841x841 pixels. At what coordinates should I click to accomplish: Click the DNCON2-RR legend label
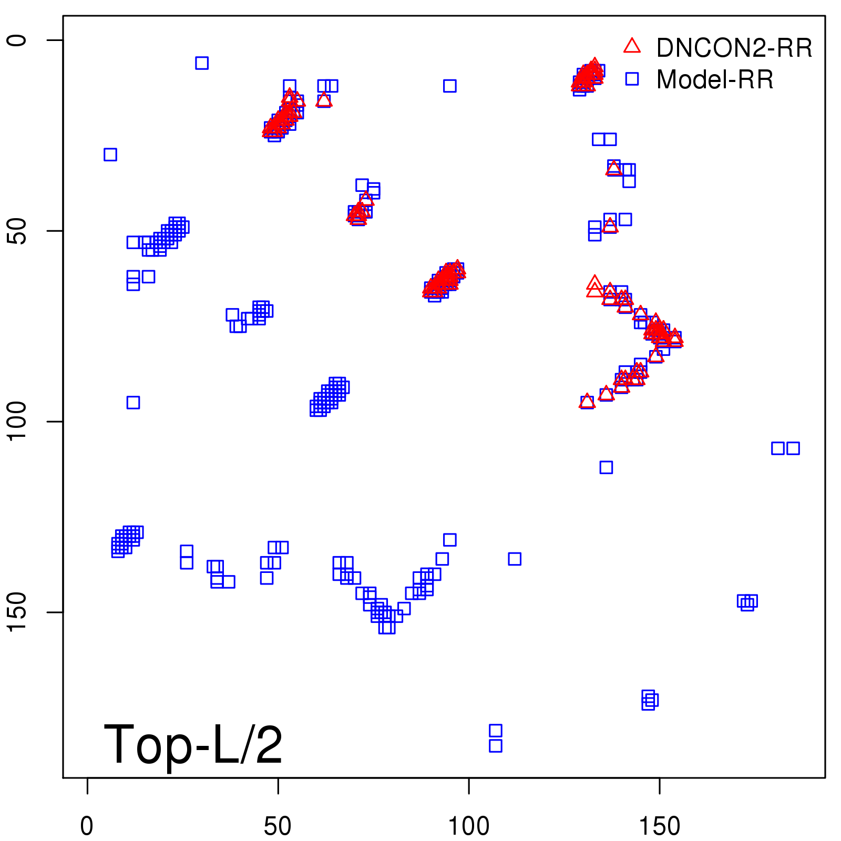pos(734,48)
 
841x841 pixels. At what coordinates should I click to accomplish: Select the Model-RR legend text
pos(715,80)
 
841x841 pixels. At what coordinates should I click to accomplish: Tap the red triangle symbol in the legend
pos(632,46)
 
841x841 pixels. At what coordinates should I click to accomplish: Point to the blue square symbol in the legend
pos(632,79)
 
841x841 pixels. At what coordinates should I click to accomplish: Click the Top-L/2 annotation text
pos(193,744)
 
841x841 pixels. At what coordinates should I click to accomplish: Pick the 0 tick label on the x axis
pos(87,826)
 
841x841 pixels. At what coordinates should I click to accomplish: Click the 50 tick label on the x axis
pos(278,826)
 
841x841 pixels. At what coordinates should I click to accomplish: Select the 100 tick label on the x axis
pos(468,826)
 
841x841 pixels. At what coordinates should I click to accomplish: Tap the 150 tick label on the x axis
pos(659,826)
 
